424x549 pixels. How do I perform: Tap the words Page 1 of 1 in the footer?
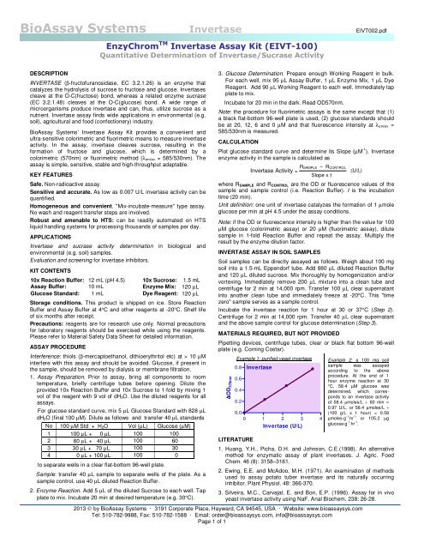(x=212, y=542)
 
